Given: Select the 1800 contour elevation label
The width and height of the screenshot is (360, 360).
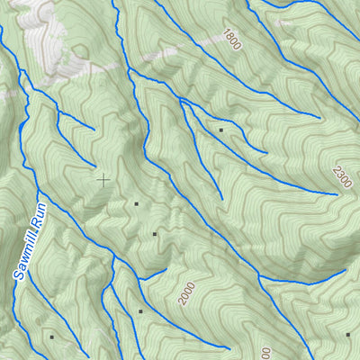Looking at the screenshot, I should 230,38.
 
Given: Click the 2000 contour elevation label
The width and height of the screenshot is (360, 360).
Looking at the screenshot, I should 186,293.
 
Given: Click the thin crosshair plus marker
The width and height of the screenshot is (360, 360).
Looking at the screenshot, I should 103,179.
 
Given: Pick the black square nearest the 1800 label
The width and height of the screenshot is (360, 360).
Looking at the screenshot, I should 220,130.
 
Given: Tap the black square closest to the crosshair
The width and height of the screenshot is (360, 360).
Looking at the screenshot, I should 136,204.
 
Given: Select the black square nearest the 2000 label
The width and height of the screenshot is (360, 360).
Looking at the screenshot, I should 140,311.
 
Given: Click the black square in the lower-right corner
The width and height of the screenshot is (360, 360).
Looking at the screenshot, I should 348,334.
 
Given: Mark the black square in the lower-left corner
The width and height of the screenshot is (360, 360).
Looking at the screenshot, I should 51,337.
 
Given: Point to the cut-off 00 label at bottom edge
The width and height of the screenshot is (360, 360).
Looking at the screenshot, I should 265,353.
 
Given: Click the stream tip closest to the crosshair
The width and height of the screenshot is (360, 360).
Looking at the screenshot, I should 94,166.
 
